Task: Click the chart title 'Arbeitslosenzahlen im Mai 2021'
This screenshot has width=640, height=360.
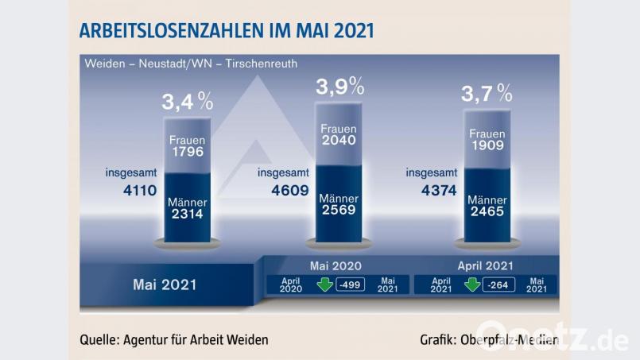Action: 226,31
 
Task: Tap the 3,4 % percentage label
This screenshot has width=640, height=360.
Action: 188,101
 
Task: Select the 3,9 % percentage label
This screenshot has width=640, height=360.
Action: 339,85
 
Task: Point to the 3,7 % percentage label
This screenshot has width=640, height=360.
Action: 487,94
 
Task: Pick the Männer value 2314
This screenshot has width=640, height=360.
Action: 188,215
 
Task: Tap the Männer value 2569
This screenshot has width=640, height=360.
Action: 339,211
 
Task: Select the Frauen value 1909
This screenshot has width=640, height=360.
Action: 487,147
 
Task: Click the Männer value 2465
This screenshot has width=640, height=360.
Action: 487,213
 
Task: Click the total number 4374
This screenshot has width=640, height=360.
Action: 432,191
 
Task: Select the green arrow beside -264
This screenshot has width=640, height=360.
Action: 472,284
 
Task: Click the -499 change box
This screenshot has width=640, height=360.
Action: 350,285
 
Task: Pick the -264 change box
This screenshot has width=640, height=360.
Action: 498,285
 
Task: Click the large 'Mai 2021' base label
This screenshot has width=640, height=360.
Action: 165,283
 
